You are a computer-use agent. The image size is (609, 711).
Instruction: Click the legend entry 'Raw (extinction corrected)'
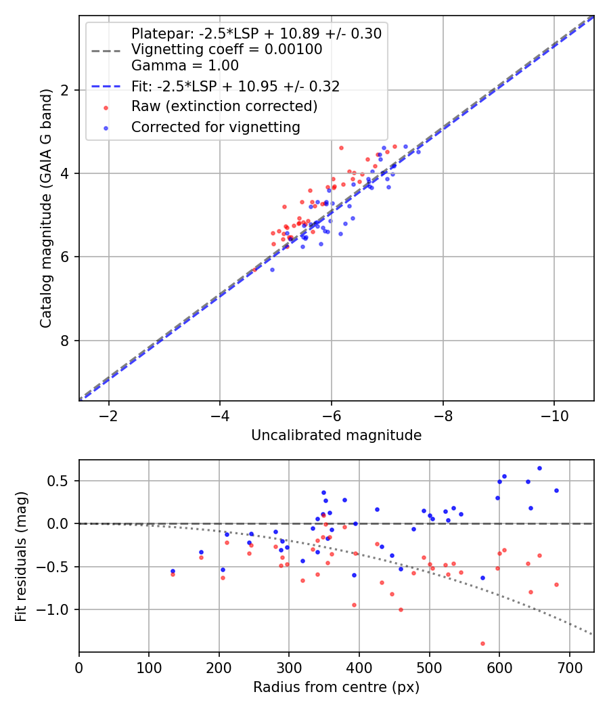224,106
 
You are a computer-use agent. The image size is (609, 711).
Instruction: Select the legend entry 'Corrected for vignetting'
215,127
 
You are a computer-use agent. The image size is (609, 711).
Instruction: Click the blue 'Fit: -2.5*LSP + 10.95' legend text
235,86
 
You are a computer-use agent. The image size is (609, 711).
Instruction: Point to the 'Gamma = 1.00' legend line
185,66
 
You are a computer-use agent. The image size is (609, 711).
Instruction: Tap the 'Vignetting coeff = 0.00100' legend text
227,49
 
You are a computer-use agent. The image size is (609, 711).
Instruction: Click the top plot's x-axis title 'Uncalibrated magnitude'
336,435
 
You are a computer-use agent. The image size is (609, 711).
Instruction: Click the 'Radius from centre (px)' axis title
336,687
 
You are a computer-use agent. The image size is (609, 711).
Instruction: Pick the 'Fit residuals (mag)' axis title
22,556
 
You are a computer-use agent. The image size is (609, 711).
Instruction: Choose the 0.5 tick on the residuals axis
61,481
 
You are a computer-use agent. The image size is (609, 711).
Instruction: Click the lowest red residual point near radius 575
482,643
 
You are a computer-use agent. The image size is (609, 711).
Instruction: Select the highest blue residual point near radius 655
539,468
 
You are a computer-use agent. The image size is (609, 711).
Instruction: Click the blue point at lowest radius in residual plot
173,571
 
